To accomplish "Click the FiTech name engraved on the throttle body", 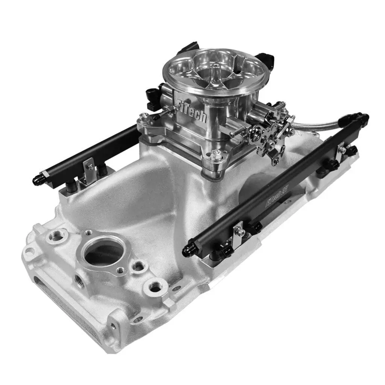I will [192, 110].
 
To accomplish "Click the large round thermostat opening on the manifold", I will [103, 252].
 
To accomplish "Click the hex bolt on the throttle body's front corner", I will [216, 154].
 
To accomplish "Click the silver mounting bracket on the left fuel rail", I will [89, 165].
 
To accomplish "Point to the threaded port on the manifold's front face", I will [79, 280].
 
